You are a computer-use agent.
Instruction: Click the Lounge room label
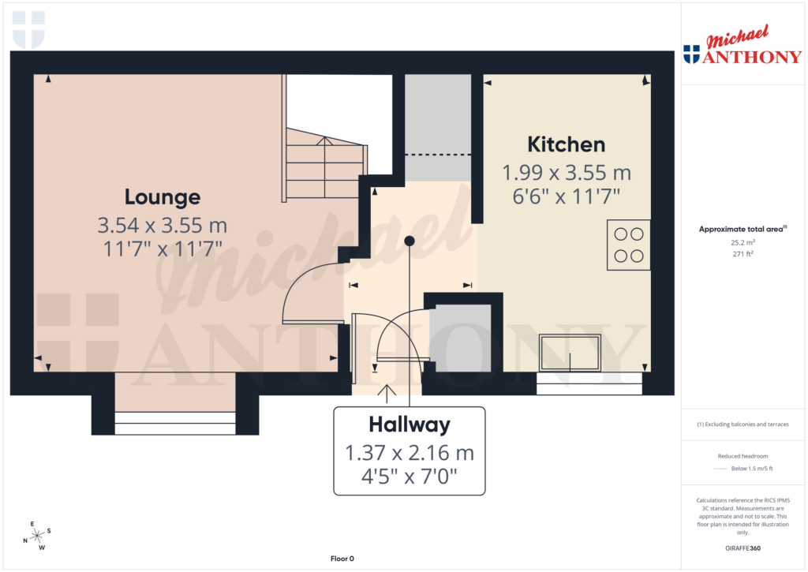[x=162, y=196]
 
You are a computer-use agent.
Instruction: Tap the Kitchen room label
[x=566, y=144]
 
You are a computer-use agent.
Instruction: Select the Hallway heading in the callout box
[x=409, y=424]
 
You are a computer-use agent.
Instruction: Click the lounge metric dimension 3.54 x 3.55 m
[x=162, y=226]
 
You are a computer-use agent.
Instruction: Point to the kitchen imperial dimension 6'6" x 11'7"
[x=566, y=196]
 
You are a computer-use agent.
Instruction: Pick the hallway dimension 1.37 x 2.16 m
[x=409, y=454]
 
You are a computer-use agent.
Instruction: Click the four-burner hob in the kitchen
[x=628, y=245]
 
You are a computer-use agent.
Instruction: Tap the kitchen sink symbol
[x=569, y=352]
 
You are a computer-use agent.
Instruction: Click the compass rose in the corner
[x=36, y=536]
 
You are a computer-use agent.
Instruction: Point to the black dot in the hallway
[x=409, y=241]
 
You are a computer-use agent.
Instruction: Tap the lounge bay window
[x=175, y=423]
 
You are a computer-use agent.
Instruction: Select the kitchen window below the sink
[x=589, y=383]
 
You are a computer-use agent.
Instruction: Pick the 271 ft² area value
[x=742, y=255]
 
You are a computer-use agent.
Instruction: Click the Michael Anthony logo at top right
[x=742, y=47]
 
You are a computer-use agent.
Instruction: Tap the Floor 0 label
[x=342, y=559]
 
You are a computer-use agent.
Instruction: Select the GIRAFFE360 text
[x=742, y=548]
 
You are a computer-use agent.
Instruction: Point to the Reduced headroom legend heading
[x=742, y=457]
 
